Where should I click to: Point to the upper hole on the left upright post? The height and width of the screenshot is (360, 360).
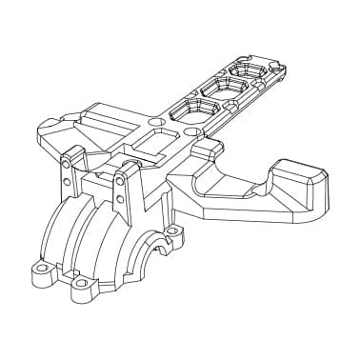tap(66, 161)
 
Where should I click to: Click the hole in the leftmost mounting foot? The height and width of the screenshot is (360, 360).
tap(39, 270)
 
